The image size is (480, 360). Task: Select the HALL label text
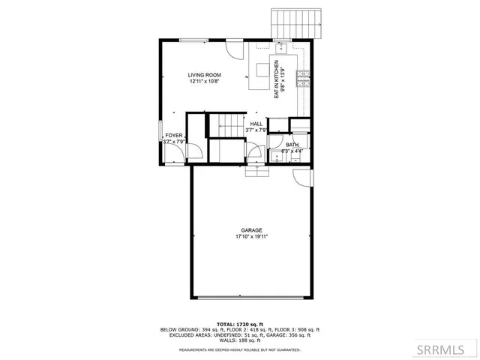pos(256,124)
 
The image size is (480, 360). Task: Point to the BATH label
pos(292,145)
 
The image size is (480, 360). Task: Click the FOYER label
pos(174,136)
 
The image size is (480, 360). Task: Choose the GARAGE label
pos(251,230)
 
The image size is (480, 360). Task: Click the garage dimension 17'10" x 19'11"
pos(251,237)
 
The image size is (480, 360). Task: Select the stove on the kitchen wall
pos(303,77)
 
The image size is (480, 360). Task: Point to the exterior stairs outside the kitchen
pos(298,24)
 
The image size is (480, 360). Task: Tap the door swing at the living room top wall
pos(236,51)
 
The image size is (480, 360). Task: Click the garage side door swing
pos(301,178)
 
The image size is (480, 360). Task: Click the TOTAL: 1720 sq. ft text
pos(240,324)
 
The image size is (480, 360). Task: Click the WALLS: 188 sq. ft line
pos(240,340)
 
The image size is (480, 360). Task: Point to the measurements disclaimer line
pos(240,349)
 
